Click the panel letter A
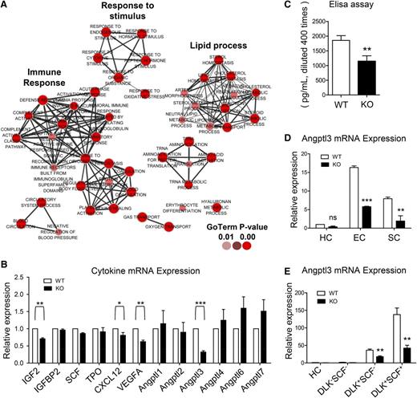pos(6,6)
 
